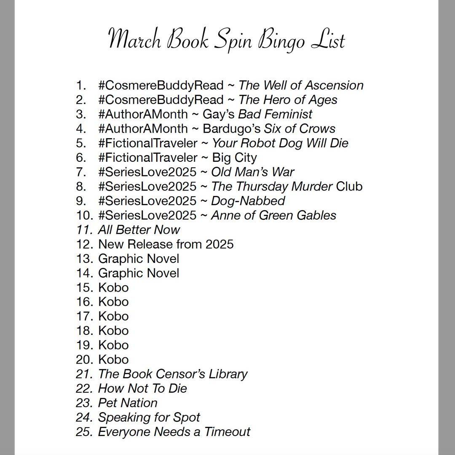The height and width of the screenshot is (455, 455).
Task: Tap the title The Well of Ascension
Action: pos(301,85)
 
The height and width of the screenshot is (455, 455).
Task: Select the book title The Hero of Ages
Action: pos(288,100)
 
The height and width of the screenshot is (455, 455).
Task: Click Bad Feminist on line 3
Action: pos(276,114)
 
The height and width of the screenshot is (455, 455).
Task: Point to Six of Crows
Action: pos(300,128)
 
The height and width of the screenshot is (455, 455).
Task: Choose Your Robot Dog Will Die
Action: pos(280,143)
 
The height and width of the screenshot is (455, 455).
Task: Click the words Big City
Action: pos(235,158)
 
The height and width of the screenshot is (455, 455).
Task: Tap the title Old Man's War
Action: pos(253,172)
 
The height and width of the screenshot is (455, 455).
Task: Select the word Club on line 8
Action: pos(349,186)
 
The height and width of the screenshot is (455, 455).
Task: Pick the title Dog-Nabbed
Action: pos(248,201)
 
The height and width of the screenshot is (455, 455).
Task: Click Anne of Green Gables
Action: pos(274,215)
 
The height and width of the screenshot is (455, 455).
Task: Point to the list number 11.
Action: pos(84,230)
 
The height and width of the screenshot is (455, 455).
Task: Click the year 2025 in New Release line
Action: pos(219,244)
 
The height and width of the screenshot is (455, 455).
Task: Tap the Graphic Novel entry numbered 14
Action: pos(139,273)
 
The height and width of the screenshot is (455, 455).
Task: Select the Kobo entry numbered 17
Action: pos(113,316)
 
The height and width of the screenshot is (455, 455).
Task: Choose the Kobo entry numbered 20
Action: pos(113,359)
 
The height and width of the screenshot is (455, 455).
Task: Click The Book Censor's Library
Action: pos(173,374)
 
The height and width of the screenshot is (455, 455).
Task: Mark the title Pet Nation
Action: pos(128,403)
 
